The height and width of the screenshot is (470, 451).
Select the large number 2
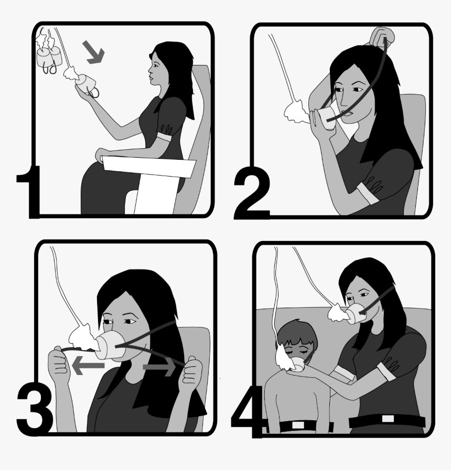[251, 193]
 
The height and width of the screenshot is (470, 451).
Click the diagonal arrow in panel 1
[94, 52]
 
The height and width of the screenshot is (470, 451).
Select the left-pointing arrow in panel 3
[88, 365]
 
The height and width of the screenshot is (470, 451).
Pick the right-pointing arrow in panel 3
[159, 367]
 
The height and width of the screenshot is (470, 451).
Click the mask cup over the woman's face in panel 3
[111, 345]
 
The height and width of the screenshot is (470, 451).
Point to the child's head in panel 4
[296, 338]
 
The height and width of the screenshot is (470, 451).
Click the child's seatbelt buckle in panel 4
[298, 425]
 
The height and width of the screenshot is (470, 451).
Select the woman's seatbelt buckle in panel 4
[388, 419]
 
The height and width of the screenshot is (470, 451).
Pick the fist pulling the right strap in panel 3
[192, 370]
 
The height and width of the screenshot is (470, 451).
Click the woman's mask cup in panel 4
[358, 313]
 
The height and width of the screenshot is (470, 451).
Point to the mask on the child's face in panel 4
[298, 364]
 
